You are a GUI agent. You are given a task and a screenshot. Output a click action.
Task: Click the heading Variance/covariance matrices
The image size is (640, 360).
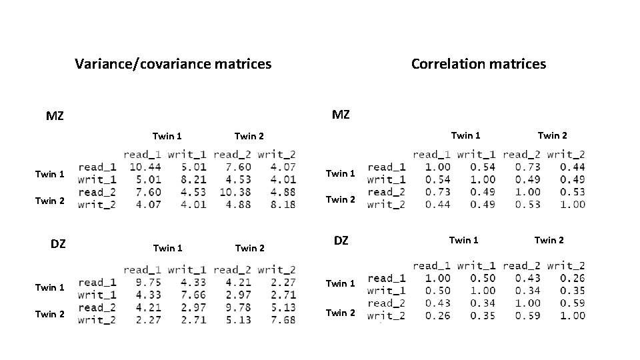point(173,64)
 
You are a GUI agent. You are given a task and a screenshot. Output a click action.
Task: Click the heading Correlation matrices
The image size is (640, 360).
point(478,64)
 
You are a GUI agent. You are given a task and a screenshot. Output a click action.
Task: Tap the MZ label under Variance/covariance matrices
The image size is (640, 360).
point(55,116)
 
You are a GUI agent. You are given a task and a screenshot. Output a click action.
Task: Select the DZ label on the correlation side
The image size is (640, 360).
point(341,240)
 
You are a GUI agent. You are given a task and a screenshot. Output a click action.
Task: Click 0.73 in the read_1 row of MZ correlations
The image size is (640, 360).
point(527,167)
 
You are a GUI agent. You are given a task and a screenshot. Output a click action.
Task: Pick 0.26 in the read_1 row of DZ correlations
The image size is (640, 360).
point(572,278)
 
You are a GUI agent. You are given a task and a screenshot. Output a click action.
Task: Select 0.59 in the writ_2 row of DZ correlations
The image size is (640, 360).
point(527,316)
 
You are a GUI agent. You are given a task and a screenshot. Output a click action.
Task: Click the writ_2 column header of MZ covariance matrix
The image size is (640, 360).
point(278,155)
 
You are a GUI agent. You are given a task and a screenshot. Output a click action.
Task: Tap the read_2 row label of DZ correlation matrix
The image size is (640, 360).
point(386,303)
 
